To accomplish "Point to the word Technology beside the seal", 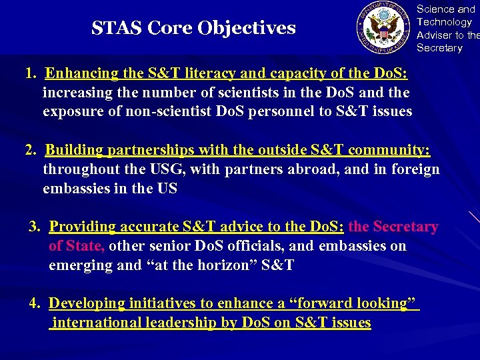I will (443, 22).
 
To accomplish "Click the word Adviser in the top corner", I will (433, 35).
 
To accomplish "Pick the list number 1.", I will (29, 73).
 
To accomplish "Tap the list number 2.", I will (29, 150).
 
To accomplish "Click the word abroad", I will (314, 169).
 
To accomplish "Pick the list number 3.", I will (35, 227).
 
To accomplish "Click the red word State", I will (85, 246).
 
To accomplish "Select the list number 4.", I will (35, 303).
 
